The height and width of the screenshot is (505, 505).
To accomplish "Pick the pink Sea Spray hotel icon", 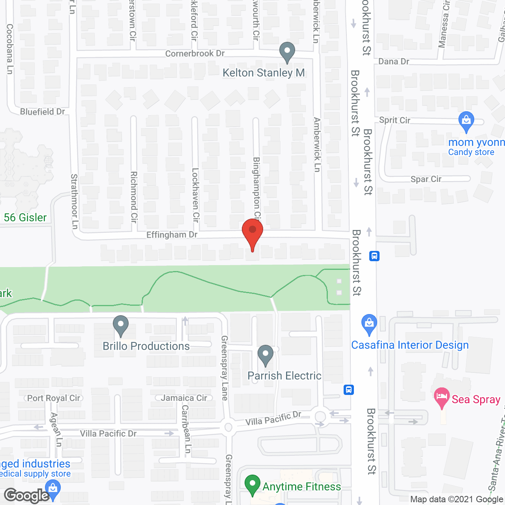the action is click(441, 397).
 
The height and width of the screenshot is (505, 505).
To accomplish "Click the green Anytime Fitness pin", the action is click(252, 484).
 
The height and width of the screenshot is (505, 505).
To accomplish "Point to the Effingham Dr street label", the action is click(172, 235).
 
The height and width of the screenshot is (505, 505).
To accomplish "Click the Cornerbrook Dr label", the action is click(195, 54).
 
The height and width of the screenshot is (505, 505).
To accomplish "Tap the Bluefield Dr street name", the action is click(43, 112).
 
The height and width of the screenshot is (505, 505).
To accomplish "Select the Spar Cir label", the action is click(426, 179).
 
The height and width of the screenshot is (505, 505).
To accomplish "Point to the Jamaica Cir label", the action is click(184, 398).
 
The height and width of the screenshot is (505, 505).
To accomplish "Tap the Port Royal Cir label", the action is click(54, 398).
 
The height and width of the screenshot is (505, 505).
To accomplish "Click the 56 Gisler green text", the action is click(25, 217).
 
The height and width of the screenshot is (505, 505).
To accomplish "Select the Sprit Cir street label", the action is click(395, 120).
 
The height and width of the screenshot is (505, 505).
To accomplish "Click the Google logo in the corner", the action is click(26, 496).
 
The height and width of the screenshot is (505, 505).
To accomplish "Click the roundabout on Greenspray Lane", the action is click(228, 427).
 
